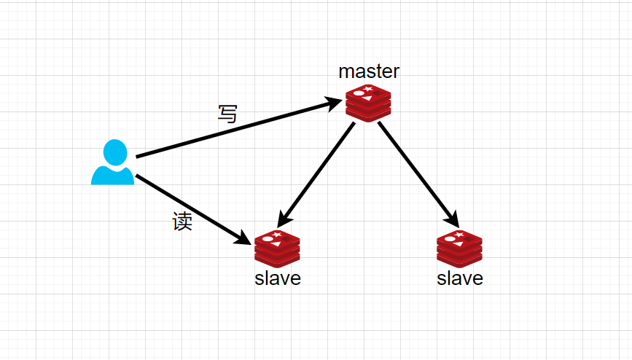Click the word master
tap(369, 71)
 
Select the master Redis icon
tap(368, 102)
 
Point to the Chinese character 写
tap(227, 114)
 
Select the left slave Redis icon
tap(277, 249)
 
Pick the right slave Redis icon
tap(459, 249)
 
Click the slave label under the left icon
tap(278, 278)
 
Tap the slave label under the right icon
tap(460, 278)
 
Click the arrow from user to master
tap(233, 129)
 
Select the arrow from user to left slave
tap(190, 208)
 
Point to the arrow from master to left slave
tap(317, 172)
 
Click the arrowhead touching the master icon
tap(335, 103)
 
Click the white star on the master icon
tap(368, 89)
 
